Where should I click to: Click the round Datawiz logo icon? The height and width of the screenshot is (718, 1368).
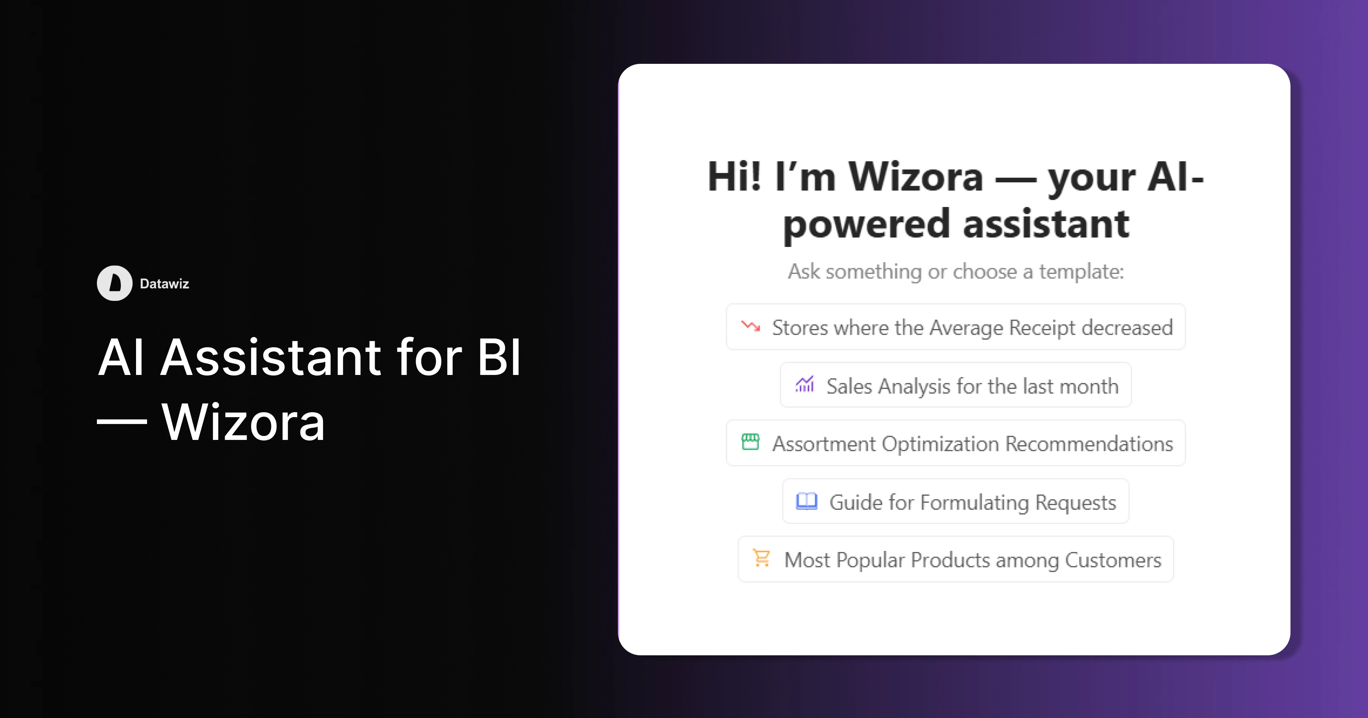114,283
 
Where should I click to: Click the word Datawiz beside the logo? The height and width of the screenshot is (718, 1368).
164,283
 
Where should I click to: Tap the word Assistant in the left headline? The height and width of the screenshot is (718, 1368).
270,357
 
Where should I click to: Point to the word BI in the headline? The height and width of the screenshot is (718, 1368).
499,357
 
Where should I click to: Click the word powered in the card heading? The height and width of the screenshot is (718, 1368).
866,224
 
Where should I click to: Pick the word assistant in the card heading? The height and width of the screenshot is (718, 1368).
1046,224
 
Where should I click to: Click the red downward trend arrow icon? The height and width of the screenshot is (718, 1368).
750,326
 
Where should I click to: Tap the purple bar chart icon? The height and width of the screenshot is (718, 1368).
804,384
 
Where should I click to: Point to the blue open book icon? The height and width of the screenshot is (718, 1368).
806,501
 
